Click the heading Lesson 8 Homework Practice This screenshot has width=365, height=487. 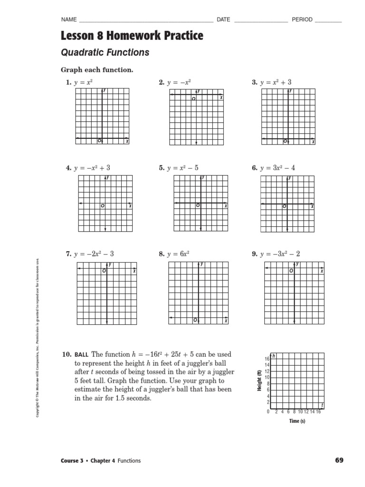pyautogui.click(x=132, y=36)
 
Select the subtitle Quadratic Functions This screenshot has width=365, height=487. pyautogui.click(x=105, y=52)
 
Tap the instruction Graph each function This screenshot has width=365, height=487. pyautogui.click(x=97, y=70)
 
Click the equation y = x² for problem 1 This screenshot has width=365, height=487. pyautogui.click(x=83, y=82)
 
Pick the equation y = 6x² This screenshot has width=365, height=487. pyautogui.click(x=178, y=254)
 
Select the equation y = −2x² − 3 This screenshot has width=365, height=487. pyautogui.click(x=94, y=254)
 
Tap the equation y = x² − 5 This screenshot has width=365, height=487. pyautogui.click(x=183, y=168)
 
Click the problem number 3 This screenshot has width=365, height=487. pyautogui.click(x=254, y=82)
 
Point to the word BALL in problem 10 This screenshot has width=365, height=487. pyautogui.click(x=82, y=354)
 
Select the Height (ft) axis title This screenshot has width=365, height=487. pyautogui.click(x=259, y=380)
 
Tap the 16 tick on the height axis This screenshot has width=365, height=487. pyautogui.click(x=267, y=359)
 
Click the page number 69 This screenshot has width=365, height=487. pyautogui.click(x=339, y=460)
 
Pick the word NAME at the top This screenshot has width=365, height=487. pyautogui.click(x=69, y=19)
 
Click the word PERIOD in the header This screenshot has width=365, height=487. pyautogui.click(x=302, y=19)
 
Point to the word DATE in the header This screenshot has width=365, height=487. pyautogui.click(x=223, y=19)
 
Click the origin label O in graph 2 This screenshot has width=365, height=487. pyautogui.click(x=193, y=99)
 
